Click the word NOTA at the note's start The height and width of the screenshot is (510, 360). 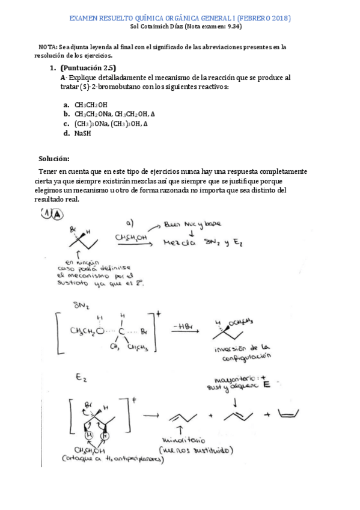47,47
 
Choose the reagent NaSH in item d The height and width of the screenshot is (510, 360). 83,133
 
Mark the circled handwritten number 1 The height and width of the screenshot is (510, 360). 46,214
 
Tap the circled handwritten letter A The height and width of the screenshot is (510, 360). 57,214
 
